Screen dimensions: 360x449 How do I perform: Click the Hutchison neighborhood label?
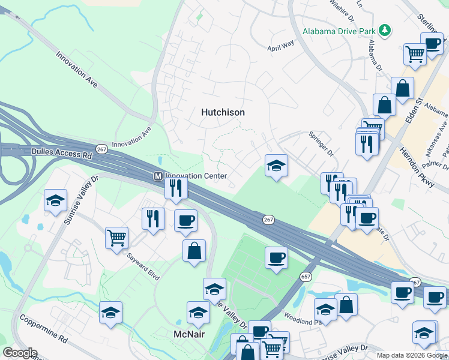223,112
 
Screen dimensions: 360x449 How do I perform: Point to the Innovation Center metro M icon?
158,176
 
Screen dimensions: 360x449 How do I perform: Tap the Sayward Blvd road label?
143,266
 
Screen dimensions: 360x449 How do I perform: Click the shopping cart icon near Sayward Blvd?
116,237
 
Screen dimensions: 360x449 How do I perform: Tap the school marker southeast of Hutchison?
276,166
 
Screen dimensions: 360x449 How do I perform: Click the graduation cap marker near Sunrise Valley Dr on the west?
55,200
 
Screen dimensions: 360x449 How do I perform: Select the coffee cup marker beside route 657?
276,257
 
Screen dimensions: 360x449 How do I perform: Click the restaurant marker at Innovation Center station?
176,188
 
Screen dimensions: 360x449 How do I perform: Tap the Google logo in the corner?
19,353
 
